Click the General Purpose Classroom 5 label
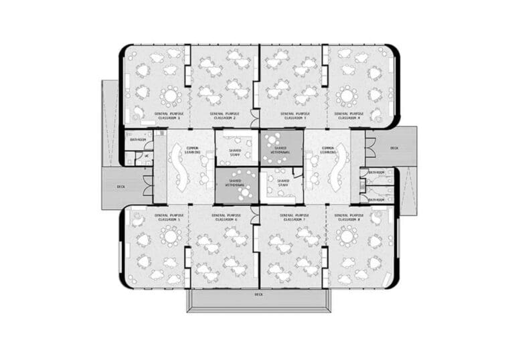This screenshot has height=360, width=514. pos(167,217)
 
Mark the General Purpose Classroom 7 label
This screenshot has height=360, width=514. pos(292,217)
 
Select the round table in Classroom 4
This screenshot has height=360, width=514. pos(347,96)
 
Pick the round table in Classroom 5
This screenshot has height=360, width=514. pos(170,237)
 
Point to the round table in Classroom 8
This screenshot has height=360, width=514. pos(347,236)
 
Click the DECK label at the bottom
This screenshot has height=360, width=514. pos(258,294)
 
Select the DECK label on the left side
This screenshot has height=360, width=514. pos(121,187)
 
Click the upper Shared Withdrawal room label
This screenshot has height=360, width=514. pos(280,151)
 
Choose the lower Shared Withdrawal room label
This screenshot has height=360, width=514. pos(235,183)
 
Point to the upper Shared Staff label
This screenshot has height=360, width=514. pos(235,153)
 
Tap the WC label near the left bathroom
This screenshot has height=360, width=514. pos(147,156)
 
